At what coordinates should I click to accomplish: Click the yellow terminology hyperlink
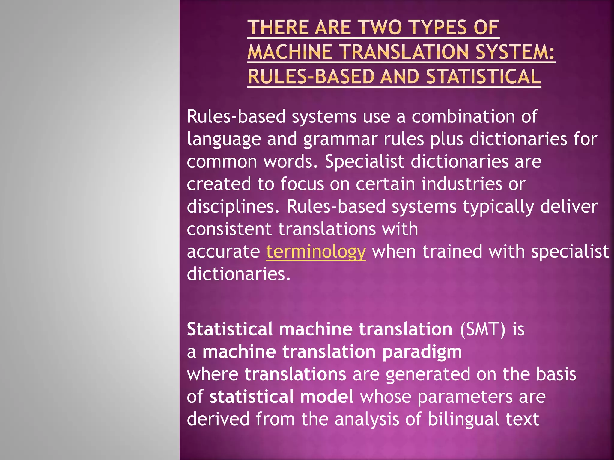click(316, 252)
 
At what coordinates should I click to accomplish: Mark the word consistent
click(229, 229)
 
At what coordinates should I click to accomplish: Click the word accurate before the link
click(223, 252)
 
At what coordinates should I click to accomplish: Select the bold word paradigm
click(422, 352)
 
